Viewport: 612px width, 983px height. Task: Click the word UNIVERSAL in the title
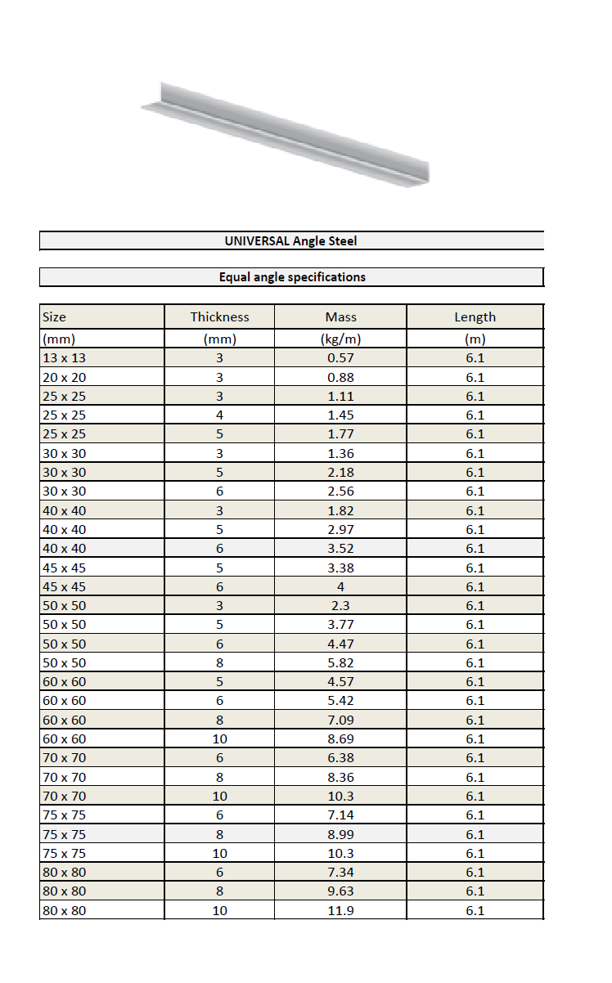coord(251,241)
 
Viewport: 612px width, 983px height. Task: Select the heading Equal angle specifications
coord(292,277)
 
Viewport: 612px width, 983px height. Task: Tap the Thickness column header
coord(219,317)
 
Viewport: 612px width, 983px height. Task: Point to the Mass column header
coord(340,317)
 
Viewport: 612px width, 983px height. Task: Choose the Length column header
coord(475,317)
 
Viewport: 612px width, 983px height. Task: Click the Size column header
coord(54,317)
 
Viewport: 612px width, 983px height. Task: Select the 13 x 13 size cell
coord(64,357)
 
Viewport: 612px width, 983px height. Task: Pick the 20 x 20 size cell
coord(64,377)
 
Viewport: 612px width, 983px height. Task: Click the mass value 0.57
coord(340,357)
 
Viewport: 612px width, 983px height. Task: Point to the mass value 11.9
coord(340,910)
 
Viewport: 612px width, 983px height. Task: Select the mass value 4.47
coord(340,644)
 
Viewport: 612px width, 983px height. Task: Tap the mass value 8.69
coord(340,738)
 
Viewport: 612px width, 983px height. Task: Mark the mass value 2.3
coord(340,605)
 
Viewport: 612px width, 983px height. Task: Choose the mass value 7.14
coord(340,815)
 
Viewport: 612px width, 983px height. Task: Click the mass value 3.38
coord(340,568)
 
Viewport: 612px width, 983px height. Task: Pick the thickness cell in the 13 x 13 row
coord(219,357)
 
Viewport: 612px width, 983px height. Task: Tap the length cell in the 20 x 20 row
coord(475,377)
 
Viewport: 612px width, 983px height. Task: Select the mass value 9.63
coord(340,891)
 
